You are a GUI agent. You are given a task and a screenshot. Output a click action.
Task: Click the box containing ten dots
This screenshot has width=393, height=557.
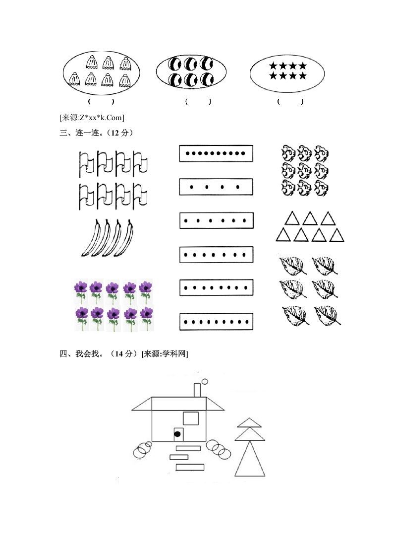[x=216, y=153]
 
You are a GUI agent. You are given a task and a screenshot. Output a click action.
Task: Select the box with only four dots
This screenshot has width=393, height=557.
[x=216, y=187]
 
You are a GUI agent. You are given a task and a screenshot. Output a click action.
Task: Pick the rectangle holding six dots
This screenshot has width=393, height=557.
[x=216, y=220]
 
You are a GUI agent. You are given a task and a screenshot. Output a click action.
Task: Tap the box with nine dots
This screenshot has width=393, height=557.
[x=216, y=321]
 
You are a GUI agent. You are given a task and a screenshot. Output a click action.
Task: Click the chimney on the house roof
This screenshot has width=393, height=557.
[x=197, y=390]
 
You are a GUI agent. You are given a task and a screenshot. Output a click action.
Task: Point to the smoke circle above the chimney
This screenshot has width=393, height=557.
[x=205, y=381]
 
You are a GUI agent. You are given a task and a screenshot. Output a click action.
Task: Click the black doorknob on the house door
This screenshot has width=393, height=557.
[x=177, y=434]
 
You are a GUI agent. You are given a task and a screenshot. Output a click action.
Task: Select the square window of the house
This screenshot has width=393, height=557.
[x=191, y=418]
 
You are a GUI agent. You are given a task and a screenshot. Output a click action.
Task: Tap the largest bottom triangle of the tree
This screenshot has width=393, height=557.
[x=250, y=459]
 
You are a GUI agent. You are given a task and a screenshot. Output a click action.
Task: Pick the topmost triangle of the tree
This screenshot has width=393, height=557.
[x=249, y=422]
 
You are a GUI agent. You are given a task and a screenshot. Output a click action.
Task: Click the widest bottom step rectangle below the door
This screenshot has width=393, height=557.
[x=190, y=467]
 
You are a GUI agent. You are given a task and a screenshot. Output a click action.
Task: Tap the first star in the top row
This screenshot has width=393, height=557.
[x=273, y=66]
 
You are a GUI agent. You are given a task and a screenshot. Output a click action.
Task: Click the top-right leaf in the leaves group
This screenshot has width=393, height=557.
[x=325, y=265]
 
